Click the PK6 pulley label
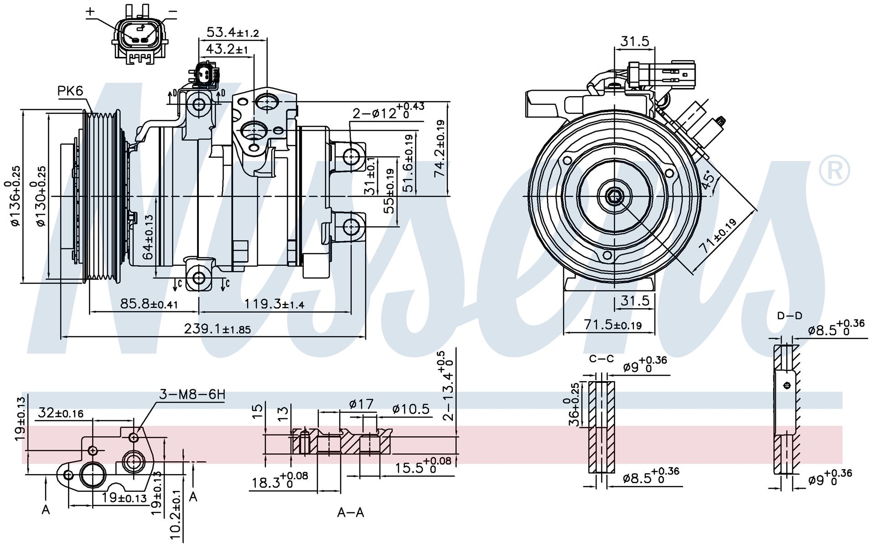[x=70, y=91]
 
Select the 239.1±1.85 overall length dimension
[x=217, y=328]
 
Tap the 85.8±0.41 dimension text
[x=149, y=303]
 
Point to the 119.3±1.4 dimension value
[x=274, y=303]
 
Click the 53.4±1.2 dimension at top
[x=233, y=32]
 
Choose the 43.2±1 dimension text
[x=227, y=49]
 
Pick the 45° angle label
[x=708, y=181]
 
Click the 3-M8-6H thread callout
[x=192, y=395]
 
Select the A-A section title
[x=350, y=512]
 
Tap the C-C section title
[x=601, y=359]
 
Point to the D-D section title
[x=789, y=315]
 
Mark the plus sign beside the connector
[x=91, y=12]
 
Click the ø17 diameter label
[x=361, y=404]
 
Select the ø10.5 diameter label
[x=410, y=409]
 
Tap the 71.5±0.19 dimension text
[x=613, y=325]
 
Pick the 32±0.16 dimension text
[x=61, y=413]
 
